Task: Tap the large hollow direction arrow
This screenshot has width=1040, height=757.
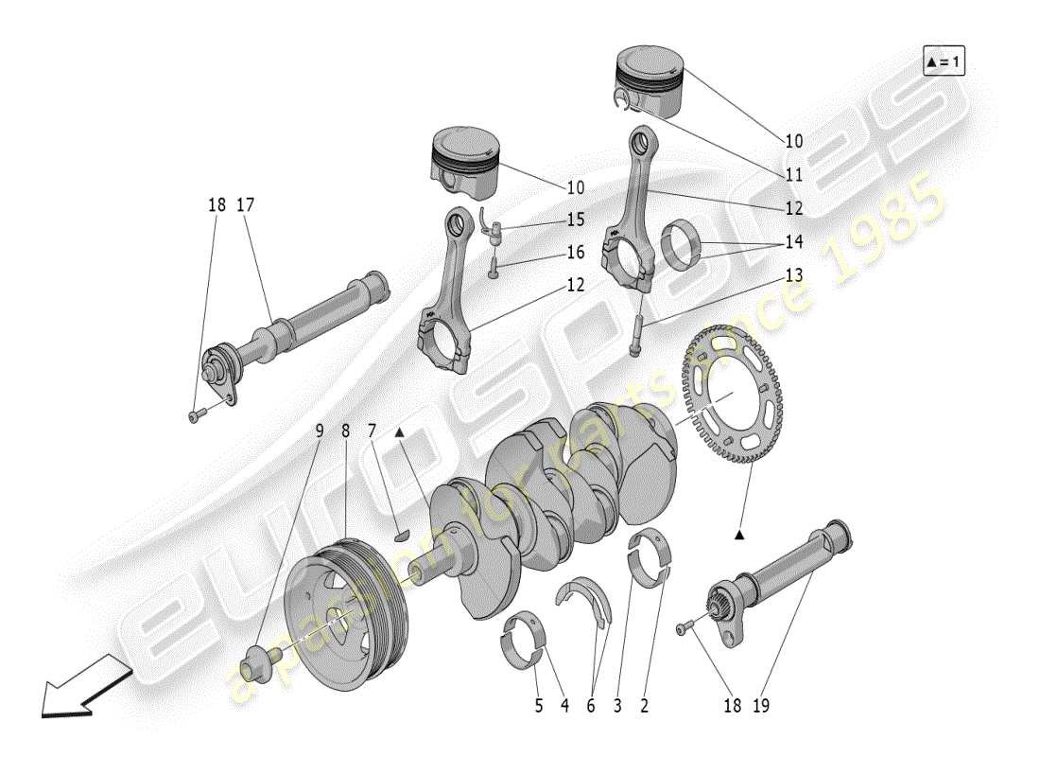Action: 81,684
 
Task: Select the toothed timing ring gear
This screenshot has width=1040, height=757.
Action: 727,394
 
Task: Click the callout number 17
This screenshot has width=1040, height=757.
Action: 246,204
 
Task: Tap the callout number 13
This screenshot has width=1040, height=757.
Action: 793,274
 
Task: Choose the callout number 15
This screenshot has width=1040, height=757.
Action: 576,220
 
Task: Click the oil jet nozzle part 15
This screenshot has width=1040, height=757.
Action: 490,222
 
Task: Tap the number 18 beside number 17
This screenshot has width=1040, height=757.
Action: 217,204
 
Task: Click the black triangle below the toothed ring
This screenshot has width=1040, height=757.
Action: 739,536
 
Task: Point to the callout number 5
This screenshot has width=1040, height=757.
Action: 537,705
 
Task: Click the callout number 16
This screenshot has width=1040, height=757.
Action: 576,253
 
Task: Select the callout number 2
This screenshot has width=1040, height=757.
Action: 645,705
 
